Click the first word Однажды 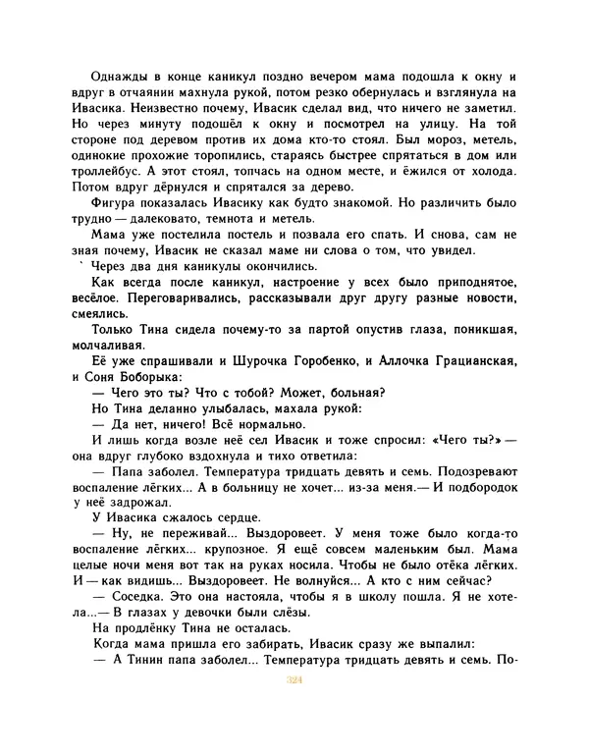coord(116,78)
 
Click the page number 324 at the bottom coord(293,704)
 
